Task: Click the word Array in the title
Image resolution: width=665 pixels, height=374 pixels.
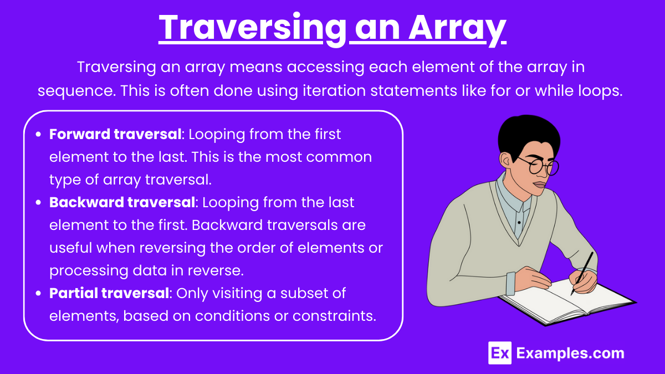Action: click(457, 28)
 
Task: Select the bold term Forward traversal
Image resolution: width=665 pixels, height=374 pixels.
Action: click(115, 134)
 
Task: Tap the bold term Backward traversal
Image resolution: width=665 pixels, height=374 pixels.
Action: click(122, 202)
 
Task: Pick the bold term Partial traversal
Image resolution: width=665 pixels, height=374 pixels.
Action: click(109, 293)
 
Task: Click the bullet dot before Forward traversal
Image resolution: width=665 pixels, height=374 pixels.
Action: click(38, 135)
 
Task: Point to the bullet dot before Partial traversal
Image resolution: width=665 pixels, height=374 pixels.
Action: click(38, 294)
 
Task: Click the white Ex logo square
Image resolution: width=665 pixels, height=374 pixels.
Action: click(500, 353)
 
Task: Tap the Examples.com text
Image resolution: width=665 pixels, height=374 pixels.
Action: click(570, 353)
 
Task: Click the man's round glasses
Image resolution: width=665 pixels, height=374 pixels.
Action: click(540, 166)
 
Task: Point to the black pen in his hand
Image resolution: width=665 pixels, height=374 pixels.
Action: click(582, 273)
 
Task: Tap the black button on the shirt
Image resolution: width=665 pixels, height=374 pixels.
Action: click(519, 222)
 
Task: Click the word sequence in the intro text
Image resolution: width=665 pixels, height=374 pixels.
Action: click(76, 91)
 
